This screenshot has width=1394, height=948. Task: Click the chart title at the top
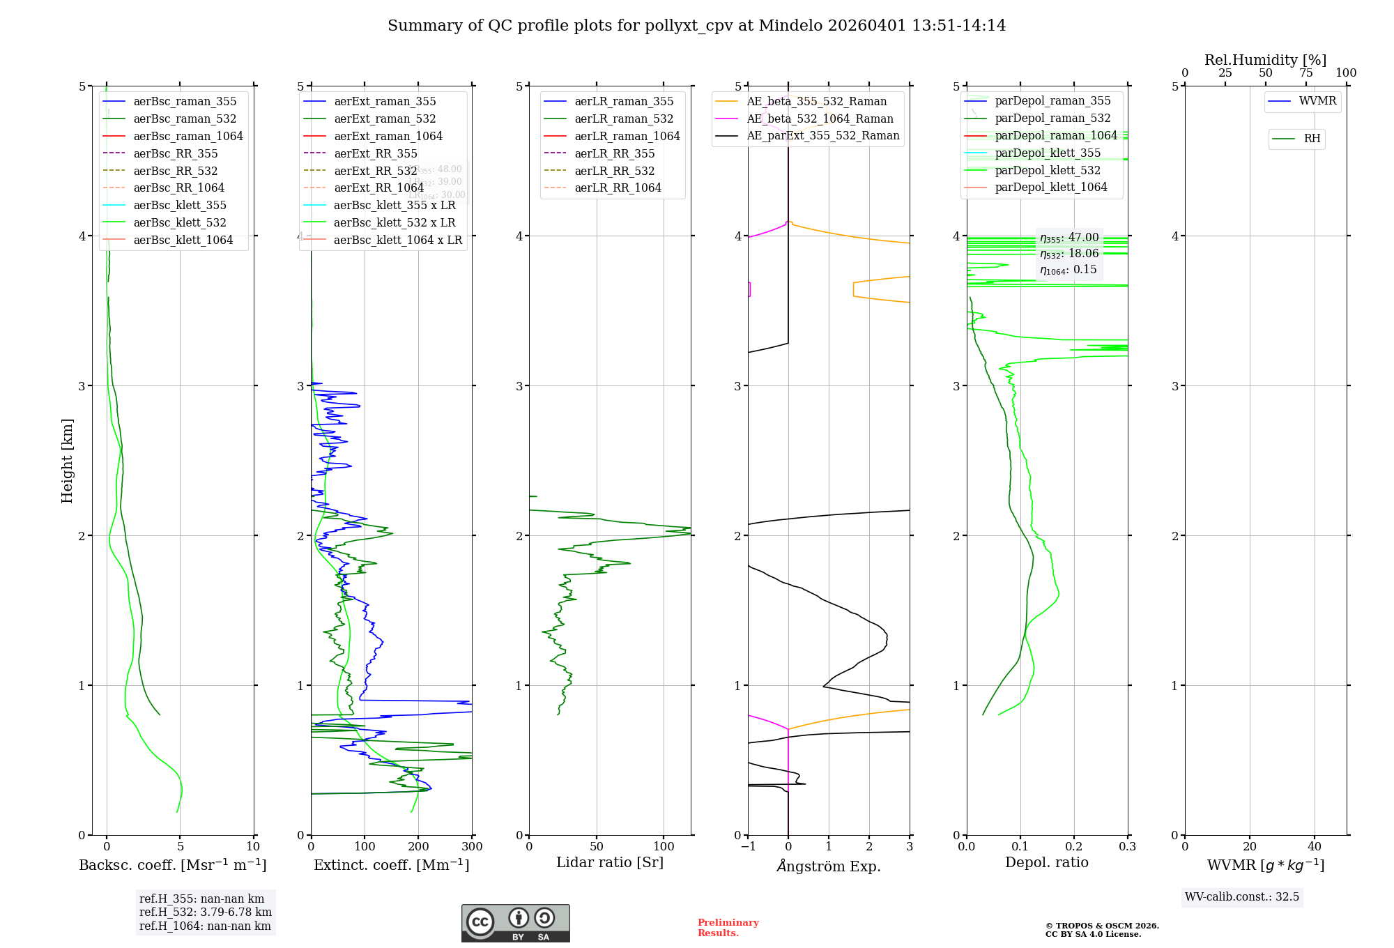pos(696,26)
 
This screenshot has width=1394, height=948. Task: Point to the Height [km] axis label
pos(67,460)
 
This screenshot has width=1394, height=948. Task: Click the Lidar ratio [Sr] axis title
pos(610,862)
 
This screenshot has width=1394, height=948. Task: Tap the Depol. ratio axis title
pos(1046,862)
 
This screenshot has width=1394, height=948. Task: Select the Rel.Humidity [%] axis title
pos(1265,60)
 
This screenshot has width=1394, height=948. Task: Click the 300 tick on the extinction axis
pos(472,846)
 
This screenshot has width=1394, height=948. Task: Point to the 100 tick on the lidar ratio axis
pos(664,846)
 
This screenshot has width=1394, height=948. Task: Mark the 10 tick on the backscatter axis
pos(253,846)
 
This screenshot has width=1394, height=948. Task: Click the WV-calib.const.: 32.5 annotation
pos(1242,896)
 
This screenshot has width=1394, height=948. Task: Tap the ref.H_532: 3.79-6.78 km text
pos(206,912)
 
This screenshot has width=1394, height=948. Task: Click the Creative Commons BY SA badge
pos(515,924)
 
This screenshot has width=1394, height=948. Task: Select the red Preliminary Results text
pos(728,927)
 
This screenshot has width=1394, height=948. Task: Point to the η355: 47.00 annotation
pos(1069,238)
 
